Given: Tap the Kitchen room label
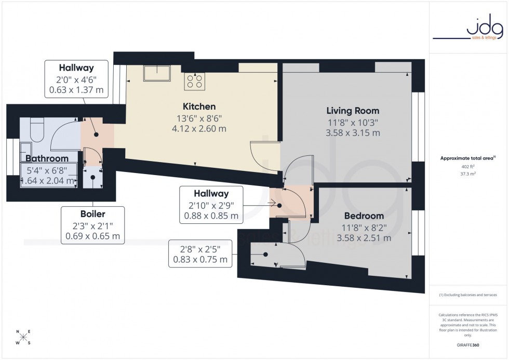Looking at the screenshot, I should [x=195, y=106].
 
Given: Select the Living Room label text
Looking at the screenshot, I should [x=353, y=111].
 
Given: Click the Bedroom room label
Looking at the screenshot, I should [x=364, y=216].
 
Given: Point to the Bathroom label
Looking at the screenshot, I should [x=47, y=158].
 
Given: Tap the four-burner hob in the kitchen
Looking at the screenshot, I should [x=195, y=80].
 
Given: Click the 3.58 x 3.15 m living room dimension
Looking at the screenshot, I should [x=353, y=133].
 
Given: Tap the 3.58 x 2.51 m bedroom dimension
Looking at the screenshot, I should [x=364, y=238].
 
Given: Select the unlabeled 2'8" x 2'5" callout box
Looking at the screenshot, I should [x=200, y=254].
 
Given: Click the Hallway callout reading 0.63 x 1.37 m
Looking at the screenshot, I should [x=76, y=78].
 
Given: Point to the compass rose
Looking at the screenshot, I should [x=23, y=337].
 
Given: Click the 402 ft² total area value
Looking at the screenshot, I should [x=468, y=167].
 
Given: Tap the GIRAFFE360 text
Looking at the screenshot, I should [x=468, y=343].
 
